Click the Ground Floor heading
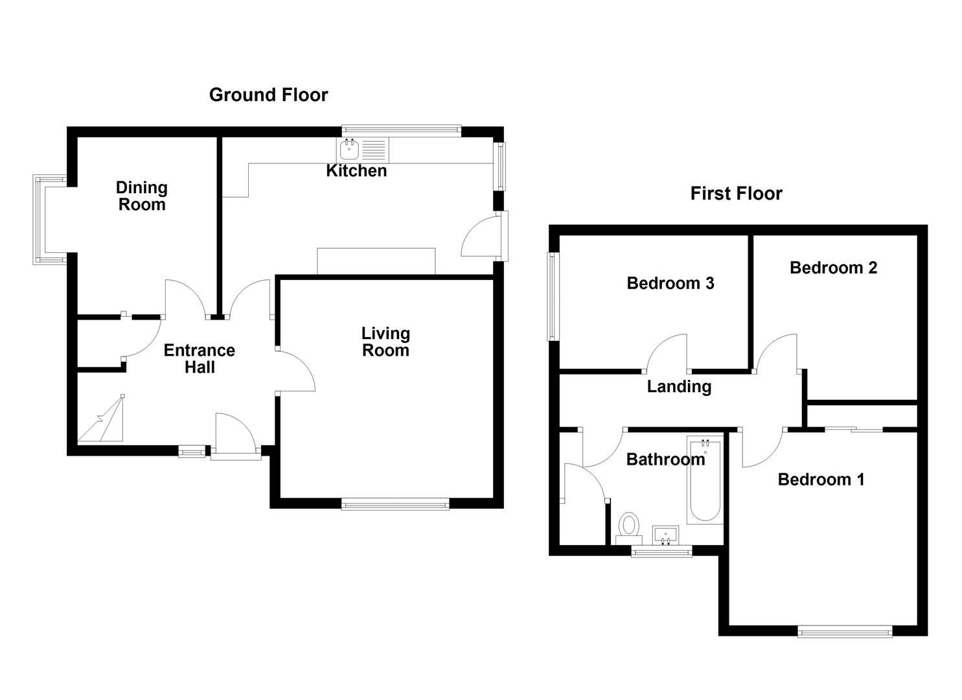tap(268, 95)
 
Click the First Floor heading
tap(736, 194)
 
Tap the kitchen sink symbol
tap(349, 150)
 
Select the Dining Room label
tap(141, 196)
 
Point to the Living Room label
tap(385, 342)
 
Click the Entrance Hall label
tap(199, 358)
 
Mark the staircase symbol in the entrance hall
tap(102, 421)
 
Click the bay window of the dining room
tap(41, 220)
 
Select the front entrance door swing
tap(235, 433)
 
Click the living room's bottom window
tap(395, 504)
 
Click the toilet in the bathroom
tap(628, 526)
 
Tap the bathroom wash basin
tap(665, 535)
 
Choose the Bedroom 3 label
tap(670, 283)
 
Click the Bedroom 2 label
tap(833, 268)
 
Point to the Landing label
tap(679, 387)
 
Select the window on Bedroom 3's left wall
tap(552, 296)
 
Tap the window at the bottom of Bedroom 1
tap(845, 631)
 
